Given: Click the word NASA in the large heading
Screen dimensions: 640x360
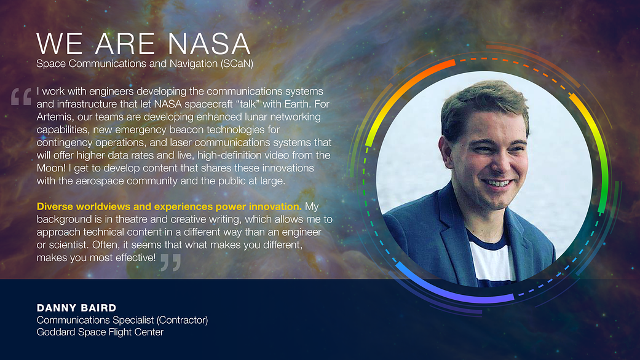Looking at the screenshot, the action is (209, 44).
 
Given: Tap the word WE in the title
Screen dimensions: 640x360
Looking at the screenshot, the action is (60, 44).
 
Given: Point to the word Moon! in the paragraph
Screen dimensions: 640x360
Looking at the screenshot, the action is (52, 168).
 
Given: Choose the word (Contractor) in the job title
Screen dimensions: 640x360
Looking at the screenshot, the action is (182, 320).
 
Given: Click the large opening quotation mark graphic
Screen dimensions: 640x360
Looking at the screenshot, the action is (22, 96).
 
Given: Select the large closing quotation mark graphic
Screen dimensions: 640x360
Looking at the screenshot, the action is (171, 262).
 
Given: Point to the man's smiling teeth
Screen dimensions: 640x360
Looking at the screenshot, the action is (497, 183).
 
